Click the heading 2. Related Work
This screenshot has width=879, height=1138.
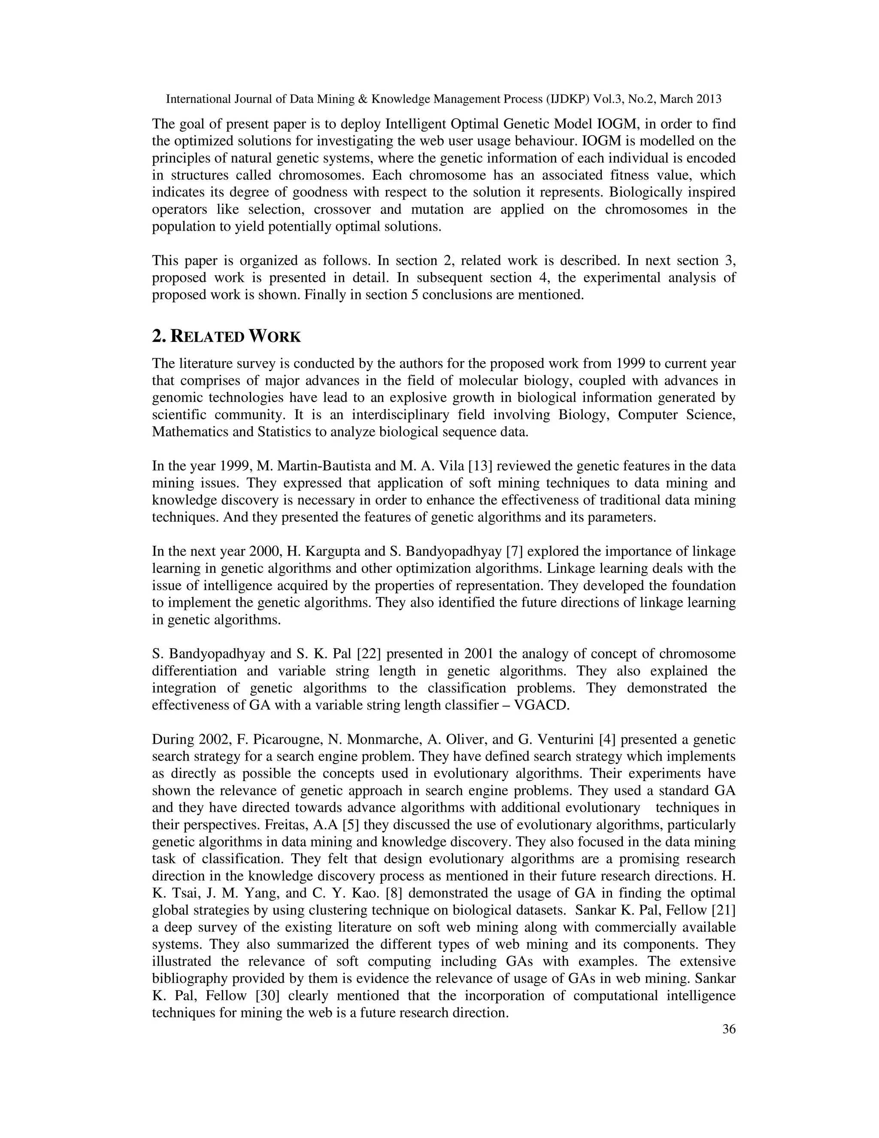[x=226, y=337]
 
